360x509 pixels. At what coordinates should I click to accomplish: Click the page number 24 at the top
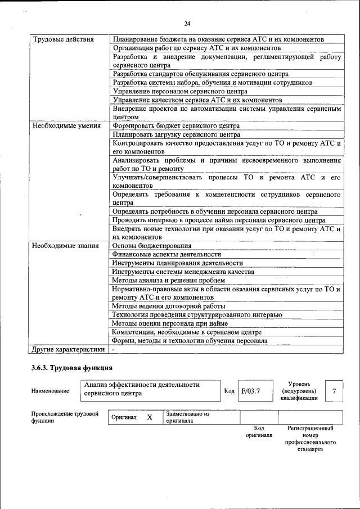[187, 23]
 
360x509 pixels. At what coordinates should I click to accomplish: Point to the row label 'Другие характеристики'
[68, 349]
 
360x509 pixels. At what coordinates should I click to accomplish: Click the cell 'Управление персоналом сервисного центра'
[180, 91]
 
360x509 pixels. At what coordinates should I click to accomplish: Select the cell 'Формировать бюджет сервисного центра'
[175, 126]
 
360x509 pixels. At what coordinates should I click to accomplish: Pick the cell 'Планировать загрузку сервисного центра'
[176, 134]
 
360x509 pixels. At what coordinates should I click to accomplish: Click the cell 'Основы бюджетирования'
[151, 246]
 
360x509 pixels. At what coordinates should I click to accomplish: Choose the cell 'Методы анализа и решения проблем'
[169, 280]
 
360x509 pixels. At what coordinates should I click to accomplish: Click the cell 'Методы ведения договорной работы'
[169, 307]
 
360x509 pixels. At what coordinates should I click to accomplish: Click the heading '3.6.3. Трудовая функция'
[73, 368]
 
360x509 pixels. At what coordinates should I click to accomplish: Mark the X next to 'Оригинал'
[150, 418]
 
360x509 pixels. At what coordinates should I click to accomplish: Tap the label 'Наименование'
[51, 391]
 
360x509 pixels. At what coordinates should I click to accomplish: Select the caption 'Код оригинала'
[259, 431]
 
